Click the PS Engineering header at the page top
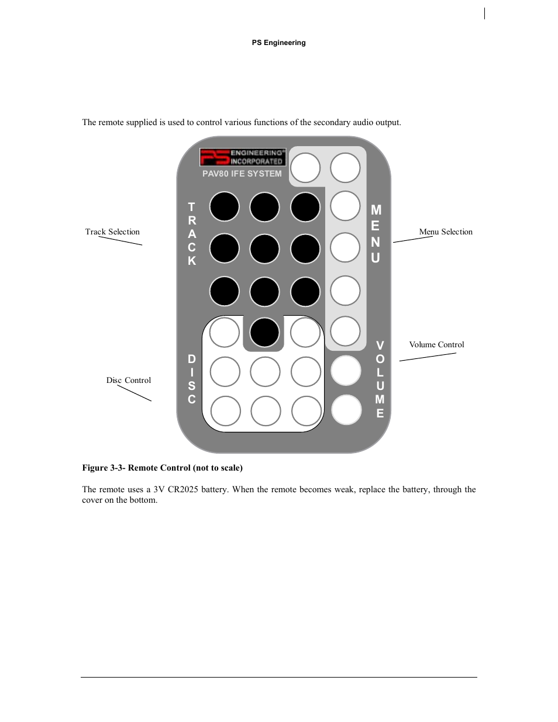[x=278, y=43]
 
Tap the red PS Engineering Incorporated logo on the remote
[x=243, y=157]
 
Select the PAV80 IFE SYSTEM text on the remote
[x=242, y=174]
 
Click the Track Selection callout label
[x=112, y=232]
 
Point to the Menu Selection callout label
[x=446, y=232]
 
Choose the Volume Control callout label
[x=436, y=345]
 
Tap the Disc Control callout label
[x=129, y=381]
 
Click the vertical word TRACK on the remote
[x=192, y=234]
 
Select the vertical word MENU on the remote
[x=376, y=234]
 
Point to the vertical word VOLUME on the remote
[x=380, y=379]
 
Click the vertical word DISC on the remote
[x=192, y=379]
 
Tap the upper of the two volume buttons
[x=346, y=371]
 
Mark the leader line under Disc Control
[x=135, y=393]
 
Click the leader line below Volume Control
[x=428, y=357]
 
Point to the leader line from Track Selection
[x=120, y=241]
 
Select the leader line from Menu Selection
[x=413, y=239]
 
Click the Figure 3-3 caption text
[x=162, y=468]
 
